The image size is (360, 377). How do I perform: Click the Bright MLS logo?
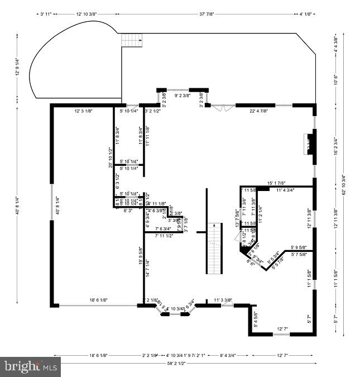pyautogui.click(x=31, y=367)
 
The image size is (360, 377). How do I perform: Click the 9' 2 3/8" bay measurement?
pyautogui.click(x=183, y=96)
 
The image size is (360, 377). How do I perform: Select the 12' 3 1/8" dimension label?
pyautogui.click(x=83, y=111)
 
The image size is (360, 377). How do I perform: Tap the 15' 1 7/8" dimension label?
pyautogui.click(x=276, y=183)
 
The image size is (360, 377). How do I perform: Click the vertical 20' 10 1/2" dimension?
pyautogui.click(x=111, y=157)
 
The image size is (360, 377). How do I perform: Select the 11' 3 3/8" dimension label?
pyautogui.click(x=223, y=300)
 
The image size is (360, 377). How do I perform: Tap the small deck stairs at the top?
pyautogui.click(x=132, y=40)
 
